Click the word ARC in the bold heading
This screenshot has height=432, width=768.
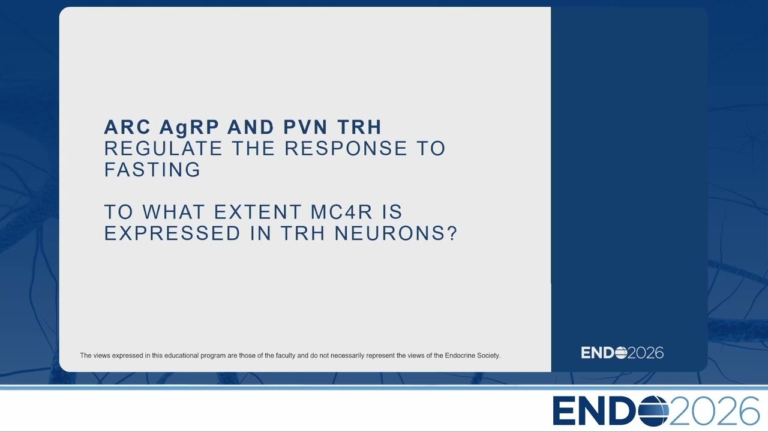pos(127,127)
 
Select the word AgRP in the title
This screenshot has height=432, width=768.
pos(189,128)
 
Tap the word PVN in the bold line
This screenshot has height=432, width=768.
pos(305,127)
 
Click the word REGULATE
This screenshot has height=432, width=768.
pos(163,148)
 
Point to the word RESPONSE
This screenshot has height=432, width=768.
pos(346,148)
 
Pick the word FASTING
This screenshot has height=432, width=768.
pos(152,170)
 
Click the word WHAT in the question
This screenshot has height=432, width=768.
pos(173,212)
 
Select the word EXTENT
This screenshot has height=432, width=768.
pos(257,212)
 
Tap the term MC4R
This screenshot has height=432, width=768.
pos(341,212)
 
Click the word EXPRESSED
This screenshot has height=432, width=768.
pos(172,233)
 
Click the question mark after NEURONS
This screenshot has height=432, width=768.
pos(452,233)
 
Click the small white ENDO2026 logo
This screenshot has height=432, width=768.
pos(622,353)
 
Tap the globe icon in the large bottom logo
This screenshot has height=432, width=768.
pos(654,411)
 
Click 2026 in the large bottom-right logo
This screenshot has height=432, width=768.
pos(715,411)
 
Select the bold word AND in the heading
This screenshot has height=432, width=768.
pos(251,127)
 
